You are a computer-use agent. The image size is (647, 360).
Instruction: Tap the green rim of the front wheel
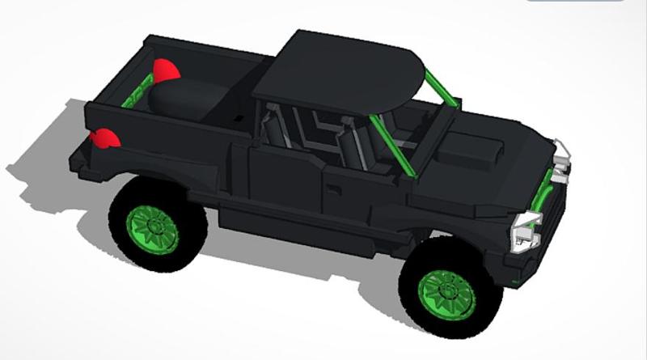point(446,291)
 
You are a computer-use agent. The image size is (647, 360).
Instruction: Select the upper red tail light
point(165,70)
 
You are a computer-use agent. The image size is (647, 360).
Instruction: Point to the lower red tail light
point(105,139)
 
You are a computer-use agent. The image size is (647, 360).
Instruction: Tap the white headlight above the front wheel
point(522,227)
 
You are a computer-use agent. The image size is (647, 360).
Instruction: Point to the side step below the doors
point(299,223)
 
